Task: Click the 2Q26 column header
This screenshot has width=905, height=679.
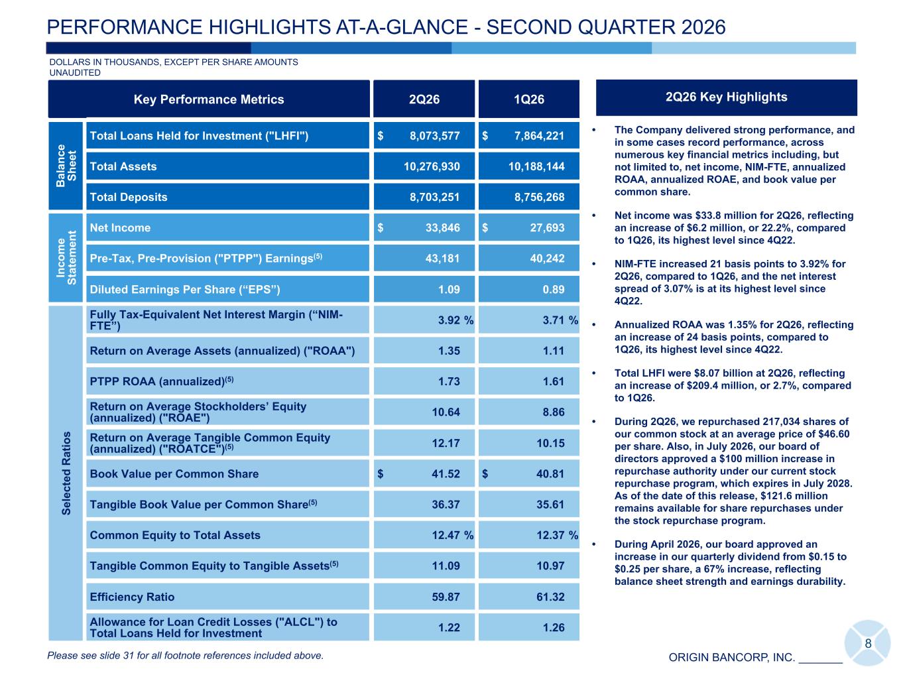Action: point(424,99)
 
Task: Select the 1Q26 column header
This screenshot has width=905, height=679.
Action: point(528,99)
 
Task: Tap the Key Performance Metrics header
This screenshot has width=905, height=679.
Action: point(209,99)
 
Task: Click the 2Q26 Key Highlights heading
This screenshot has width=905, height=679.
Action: point(726,97)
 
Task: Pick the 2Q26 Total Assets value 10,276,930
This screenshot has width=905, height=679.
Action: point(432,166)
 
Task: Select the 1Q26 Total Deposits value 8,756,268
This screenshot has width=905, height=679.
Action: point(539,197)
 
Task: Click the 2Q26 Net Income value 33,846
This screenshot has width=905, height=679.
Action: point(443,227)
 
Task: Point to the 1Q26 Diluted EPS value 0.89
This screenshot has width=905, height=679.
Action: point(554,289)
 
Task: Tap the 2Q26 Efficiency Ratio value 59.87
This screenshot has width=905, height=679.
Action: point(446,597)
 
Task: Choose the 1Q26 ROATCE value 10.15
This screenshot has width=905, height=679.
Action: point(550,443)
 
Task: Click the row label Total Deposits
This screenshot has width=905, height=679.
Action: point(129,197)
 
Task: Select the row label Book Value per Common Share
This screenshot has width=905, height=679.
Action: point(174,473)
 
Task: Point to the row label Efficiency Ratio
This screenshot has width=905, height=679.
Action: point(132,597)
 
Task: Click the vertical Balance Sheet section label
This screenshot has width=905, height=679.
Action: point(66,166)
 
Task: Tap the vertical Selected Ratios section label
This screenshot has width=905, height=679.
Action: point(66,473)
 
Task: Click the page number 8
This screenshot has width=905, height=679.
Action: point(868,644)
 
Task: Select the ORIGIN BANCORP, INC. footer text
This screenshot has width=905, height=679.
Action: point(731,657)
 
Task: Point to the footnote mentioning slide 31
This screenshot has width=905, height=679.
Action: point(185,656)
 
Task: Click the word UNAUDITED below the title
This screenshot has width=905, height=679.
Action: point(75,72)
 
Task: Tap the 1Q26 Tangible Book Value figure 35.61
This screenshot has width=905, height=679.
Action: point(550,504)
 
